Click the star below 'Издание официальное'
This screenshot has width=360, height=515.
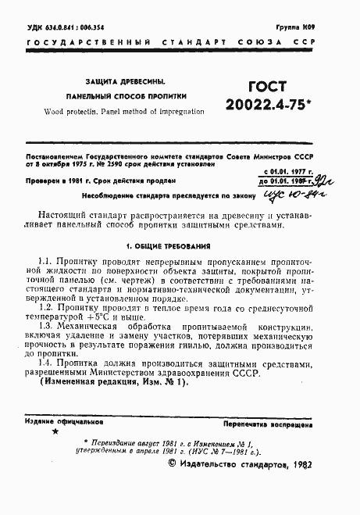point(54,431)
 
